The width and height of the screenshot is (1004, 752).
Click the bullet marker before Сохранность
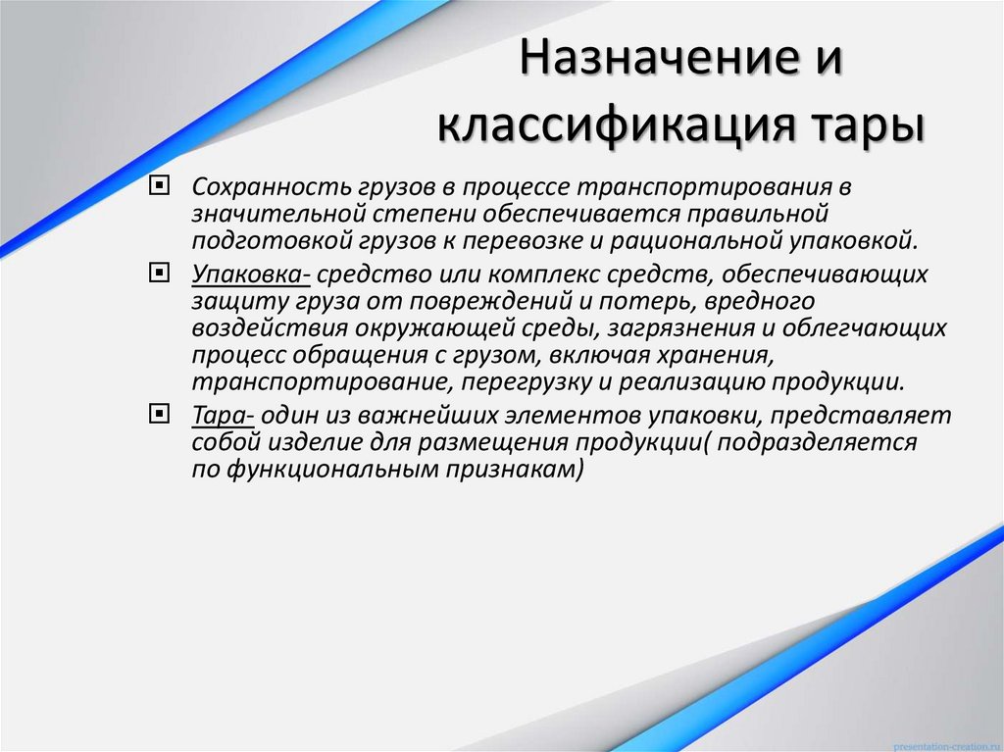click(159, 187)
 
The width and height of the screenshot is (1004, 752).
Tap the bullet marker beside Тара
click(159, 414)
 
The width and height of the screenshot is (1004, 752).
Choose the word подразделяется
click(819, 442)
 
